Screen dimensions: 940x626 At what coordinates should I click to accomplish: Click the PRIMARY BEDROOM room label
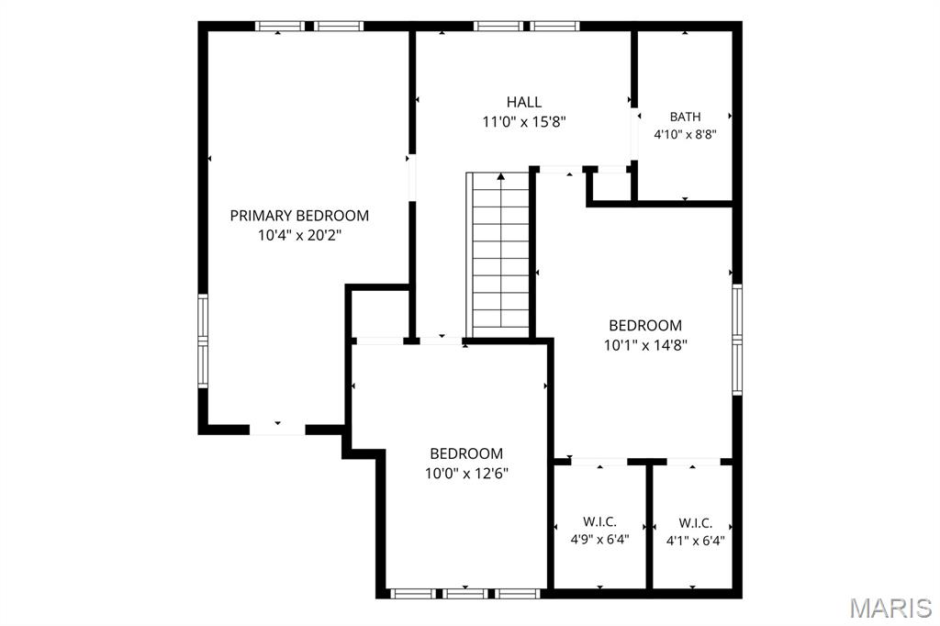(x=299, y=216)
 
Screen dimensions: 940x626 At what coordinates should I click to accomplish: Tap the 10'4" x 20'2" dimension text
(x=299, y=235)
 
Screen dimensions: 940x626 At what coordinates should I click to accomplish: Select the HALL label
(x=524, y=102)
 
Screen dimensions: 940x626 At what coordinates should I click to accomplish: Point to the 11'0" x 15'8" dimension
(x=524, y=122)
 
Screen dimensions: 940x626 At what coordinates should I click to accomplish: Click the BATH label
(x=685, y=117)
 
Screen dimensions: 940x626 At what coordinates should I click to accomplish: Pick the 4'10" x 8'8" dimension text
(x=685, y=134)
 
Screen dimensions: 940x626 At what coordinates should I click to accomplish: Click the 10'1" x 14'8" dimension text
(x=645, y=345)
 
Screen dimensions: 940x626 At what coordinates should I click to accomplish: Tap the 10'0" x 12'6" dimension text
(x=466, y=473)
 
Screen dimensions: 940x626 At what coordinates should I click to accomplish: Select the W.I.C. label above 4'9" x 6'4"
(x=599, y=521)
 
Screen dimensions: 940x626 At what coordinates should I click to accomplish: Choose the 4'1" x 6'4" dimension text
(x=696, y=541)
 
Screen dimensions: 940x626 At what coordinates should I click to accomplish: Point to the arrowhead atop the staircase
(x=501, y=176)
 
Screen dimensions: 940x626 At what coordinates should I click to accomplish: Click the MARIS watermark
(x=890, y=608)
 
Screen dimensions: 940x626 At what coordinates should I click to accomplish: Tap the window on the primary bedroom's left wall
(x=203, y=341)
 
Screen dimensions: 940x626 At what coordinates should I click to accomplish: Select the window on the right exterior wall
(x=737, y=340)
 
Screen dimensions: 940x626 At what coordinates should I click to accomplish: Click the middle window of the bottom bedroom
(x=465, y=594)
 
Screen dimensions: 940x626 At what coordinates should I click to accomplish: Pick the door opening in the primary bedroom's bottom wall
(x=277, y=430)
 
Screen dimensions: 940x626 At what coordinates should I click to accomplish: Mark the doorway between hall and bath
(x=633, y=135)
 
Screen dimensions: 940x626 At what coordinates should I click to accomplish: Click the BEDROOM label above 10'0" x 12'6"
(x=466, y=453)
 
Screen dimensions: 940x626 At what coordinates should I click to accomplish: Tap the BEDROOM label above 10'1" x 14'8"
(x=645, y=325)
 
